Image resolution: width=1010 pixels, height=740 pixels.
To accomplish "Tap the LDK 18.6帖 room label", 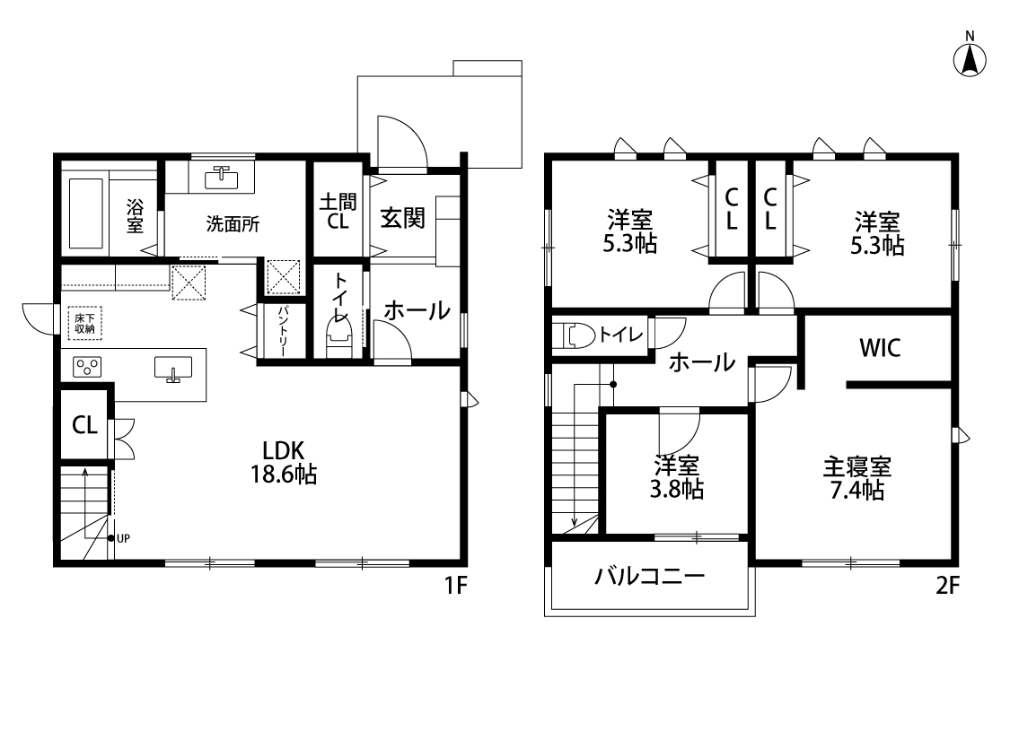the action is click(x=284, y=462).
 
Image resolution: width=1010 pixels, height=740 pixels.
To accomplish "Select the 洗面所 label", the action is click(x=233, y=224).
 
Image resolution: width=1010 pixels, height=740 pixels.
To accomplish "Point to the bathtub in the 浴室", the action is click(x=85, y=213).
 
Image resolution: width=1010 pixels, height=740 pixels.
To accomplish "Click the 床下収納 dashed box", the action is click(x=85, y=323).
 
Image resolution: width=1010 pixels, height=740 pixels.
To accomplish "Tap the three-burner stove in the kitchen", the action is click(x=87, y=368).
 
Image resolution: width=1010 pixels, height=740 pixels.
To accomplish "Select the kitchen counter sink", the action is click(x=173, y=369).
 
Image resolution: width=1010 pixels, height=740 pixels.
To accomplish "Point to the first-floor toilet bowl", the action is click(x=339, y=340).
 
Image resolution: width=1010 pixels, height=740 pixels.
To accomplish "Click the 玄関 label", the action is click(x=402, y=218).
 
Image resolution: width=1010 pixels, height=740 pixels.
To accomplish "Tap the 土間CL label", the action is click(x=338, y=211).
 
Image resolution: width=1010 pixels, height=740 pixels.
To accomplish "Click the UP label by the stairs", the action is click(x=123, y=538).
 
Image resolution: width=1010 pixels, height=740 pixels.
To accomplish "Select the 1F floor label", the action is click(x=455, y=586).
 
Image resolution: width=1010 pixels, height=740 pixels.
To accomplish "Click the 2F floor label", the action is click(x=947, y=586).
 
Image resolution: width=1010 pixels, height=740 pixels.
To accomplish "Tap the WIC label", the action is click(x=880, y=348).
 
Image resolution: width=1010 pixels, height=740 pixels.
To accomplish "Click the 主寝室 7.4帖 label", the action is click(x=856, y=478).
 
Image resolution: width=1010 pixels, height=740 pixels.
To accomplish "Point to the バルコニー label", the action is click(x=649, y=576).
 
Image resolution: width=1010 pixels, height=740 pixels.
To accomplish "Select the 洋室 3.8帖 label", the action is click(x=676, y=477).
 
